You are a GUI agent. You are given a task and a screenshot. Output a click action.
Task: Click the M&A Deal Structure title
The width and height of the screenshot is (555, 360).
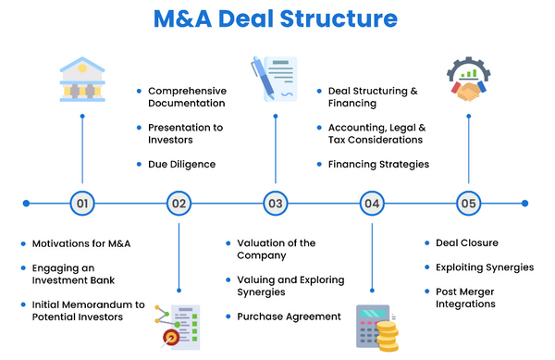click(277, 19)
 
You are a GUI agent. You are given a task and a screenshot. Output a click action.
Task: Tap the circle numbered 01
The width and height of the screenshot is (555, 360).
click(82, 203)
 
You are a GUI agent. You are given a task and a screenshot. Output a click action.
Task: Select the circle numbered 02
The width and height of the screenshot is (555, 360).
click(179, 203)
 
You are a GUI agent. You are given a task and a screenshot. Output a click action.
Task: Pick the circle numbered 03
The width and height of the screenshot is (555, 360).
click(275, 203)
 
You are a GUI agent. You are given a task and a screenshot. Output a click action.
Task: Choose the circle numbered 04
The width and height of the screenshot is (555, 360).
click(371, 203)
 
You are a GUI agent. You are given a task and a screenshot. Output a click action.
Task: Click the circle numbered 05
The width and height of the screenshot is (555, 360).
click(467, 203)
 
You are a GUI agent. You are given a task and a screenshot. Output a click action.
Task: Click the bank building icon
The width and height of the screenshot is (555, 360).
click(82, 80)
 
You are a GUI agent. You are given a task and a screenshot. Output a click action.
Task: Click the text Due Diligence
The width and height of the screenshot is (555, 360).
click(181, 164)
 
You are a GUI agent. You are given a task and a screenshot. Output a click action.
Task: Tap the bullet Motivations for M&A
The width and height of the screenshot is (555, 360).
click(81, 243)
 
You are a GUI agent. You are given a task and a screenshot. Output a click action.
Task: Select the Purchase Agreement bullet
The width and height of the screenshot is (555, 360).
click(290, 317)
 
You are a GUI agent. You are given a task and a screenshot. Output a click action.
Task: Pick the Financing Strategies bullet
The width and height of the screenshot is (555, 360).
click(378, 164)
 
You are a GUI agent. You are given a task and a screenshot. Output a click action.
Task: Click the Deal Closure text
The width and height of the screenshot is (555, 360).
click(466, 243)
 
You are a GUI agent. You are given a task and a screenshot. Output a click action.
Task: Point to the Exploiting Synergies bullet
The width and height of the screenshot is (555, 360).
click(485, 267)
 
